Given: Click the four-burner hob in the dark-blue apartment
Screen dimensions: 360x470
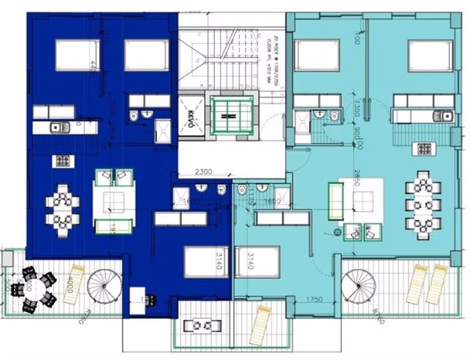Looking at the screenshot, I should (x=62, y=162).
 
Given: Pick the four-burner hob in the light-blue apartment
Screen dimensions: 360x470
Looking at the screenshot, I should (x=425, y=148).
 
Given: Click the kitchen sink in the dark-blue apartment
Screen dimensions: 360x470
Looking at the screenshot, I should (x=58, y=127).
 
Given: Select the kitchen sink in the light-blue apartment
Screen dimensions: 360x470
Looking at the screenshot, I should (x=446, y=115).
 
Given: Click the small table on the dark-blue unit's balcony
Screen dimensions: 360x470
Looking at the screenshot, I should (x=200, y=326).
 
